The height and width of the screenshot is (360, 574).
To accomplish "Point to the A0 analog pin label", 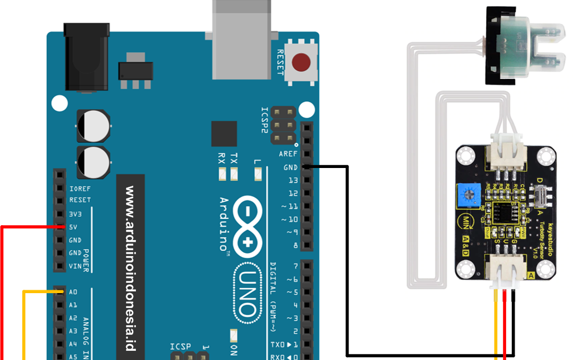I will [73, 292].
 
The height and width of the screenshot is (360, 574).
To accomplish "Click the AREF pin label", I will [288, 154].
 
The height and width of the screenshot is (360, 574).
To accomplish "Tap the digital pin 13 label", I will [292, 180].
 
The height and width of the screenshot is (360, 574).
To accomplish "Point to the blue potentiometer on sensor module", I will [468, 196].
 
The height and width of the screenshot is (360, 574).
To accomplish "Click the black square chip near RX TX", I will [223, 134].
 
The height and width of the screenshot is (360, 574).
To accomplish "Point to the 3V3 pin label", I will [75, 214].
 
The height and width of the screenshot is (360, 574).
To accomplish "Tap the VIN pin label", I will [75, 266].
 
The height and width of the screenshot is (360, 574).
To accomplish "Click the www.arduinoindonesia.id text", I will [130, 266].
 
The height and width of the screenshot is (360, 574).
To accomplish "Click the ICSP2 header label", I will [264, 120].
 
